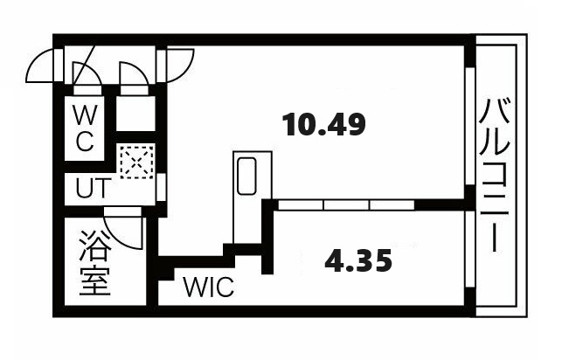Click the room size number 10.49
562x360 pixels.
point(323,124)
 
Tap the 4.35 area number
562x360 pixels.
point(358,260)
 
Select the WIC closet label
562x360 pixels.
point(209,287)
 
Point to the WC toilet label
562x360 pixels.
point(84,128)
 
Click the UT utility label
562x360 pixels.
point(92,188)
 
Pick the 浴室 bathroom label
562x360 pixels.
point(94,262)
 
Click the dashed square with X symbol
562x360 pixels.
point(137,162)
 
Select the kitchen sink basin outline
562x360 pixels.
point(247,176)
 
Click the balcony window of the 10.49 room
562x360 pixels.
point(470,126)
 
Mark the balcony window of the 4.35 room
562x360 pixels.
point(470,249)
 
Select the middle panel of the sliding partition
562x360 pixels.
point(347,204)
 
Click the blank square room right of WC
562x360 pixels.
point(135,114)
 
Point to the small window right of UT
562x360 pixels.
point(162,187)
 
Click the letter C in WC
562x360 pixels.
point(85,141)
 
